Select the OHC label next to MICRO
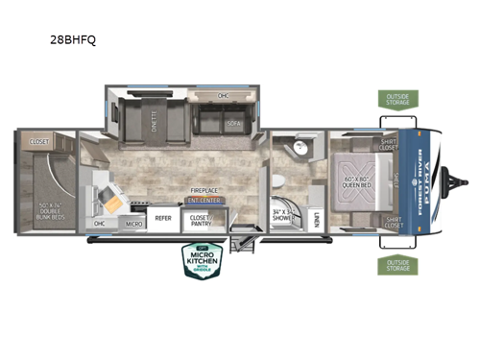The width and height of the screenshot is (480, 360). click(100, 224)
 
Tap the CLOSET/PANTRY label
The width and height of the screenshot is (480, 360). click(200, 220)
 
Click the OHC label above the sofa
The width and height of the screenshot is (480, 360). click(223, 95)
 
